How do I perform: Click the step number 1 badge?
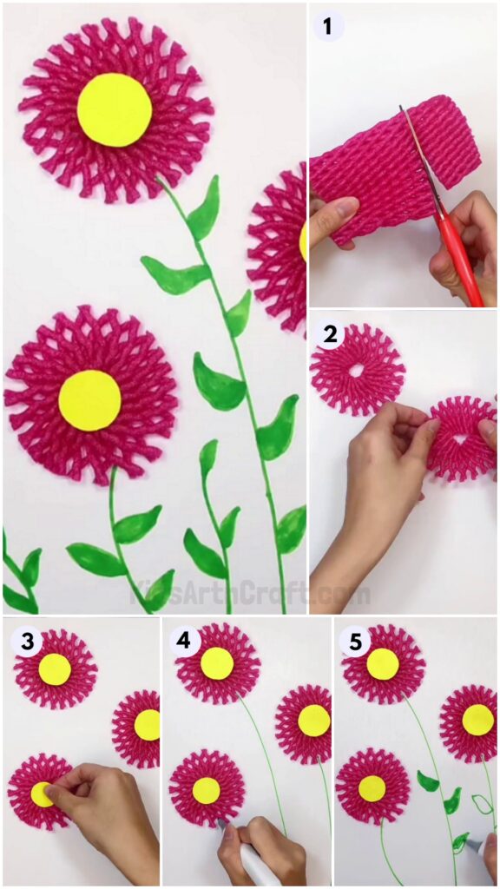[329, 26]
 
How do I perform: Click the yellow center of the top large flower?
[115, 110]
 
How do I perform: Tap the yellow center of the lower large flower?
[89, 399]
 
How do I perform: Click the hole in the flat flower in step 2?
[356, 371]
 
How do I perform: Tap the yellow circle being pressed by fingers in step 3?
[42, 794]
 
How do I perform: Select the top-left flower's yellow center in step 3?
[55, 668]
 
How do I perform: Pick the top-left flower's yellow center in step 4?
[217, 664]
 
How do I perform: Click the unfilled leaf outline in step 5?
[482, 804]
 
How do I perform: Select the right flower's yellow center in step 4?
[314, 720]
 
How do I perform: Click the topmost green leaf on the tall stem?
[204, 208]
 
